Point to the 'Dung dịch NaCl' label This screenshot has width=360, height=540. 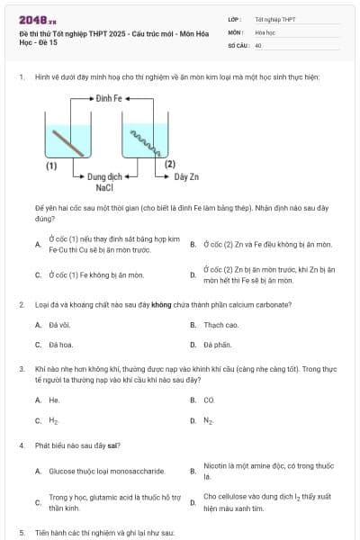103,182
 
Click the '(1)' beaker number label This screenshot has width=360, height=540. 51,166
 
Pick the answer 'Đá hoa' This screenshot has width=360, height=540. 59,345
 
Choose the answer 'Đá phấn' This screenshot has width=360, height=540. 217,345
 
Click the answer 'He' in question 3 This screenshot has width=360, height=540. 54,400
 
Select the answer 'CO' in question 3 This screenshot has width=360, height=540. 209,400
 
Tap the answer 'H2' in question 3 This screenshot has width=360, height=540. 54,420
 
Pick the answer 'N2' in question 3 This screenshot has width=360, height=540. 209,420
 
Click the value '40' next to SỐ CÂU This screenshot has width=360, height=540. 258,44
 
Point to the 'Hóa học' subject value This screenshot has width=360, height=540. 264,31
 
